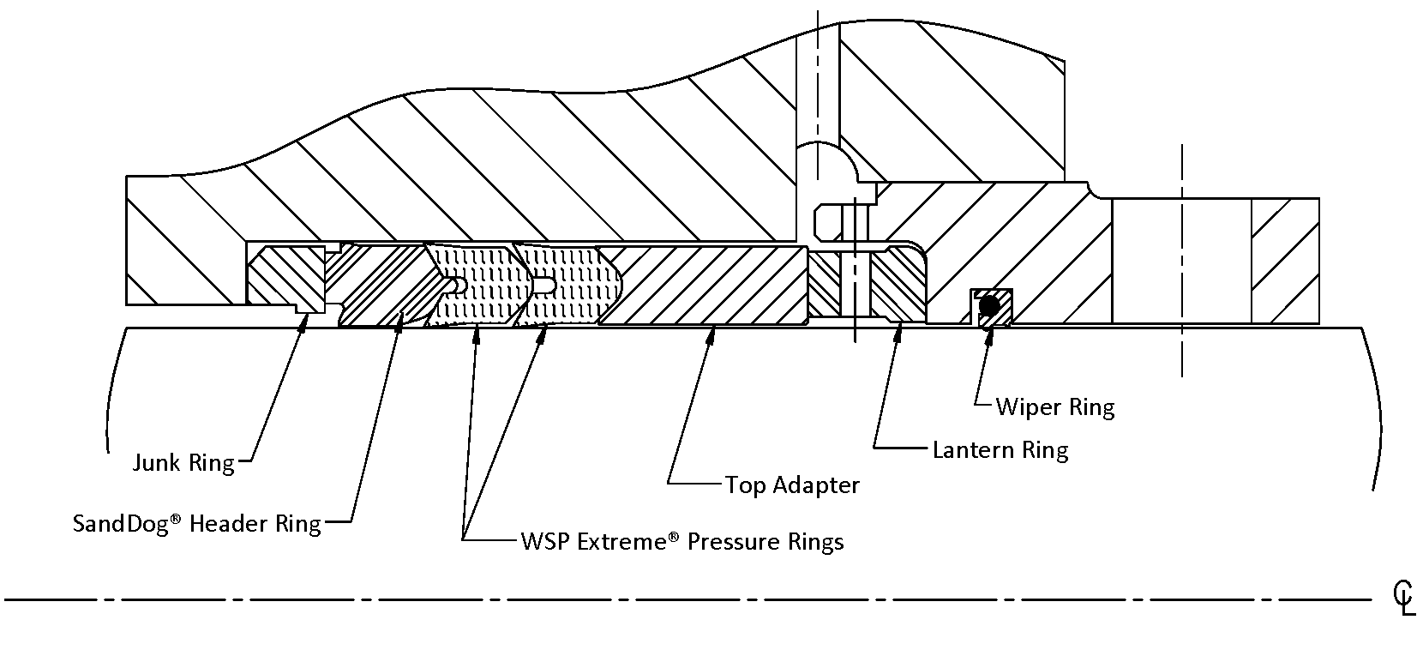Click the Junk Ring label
183,464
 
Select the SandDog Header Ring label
196,524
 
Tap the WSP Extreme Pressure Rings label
681,542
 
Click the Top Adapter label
792,485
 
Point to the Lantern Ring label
1000,450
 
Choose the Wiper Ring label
1054,406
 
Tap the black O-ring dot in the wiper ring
989,304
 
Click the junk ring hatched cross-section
283,276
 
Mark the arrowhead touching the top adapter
709,335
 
